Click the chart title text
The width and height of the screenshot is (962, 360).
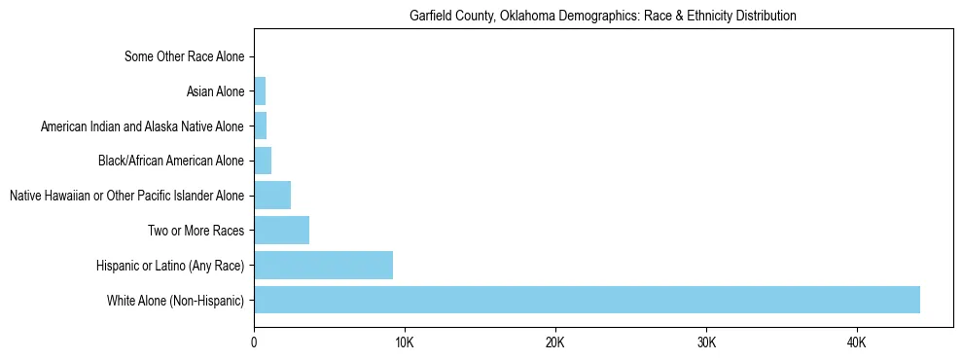click(x=603, y=16)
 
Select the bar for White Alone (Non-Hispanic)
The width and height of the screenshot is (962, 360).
click(x=587, y=300)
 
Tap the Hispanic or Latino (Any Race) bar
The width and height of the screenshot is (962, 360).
click(x=323, y=265)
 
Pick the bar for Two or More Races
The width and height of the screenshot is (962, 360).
click(x=281, y=231)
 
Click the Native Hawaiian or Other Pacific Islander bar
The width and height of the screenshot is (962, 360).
click(x=272, y=196)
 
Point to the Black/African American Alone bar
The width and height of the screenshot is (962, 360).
click(x=263, y=161)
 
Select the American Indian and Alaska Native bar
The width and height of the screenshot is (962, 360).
click(x=260, y=126)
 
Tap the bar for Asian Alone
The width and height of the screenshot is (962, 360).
click(x=260, y=91)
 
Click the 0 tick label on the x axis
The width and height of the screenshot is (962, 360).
click(x=254, y=342)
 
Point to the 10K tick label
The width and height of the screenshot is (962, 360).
click(x=405, y=342)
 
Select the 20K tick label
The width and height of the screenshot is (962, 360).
click(x=555, y=342)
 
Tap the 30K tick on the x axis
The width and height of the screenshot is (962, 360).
click(x=706, y=342)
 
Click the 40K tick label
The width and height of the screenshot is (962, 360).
click(x=857, y=342)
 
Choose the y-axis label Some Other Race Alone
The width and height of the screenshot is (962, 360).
click(x=185, y=57)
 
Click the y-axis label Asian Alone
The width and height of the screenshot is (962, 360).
click(x=215, y=92)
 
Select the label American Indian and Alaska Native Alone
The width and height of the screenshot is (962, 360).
click(x=142, y=126)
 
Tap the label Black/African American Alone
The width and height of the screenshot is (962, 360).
click(x=171, y=162)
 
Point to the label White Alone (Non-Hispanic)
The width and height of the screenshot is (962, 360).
click(x=176, y=301)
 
